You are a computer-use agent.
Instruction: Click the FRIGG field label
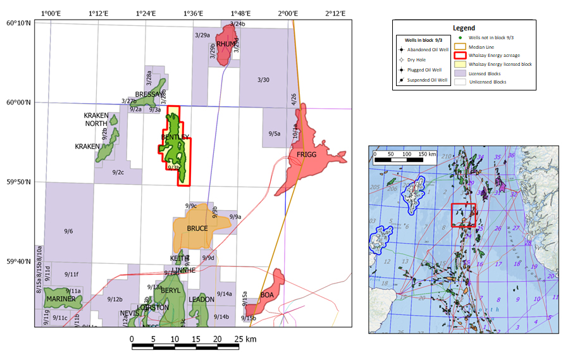point(307,155)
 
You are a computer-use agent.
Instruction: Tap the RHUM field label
point(225,44)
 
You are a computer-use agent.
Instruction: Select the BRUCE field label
point(197,228)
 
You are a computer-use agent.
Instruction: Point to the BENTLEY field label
point(175,137)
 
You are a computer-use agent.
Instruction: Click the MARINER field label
point(61,299)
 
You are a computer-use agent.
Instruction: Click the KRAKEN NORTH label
point(96,120)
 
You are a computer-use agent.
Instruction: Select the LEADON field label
point(202,299)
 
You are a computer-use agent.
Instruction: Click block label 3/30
point(264,80)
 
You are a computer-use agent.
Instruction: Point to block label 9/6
point(68,231)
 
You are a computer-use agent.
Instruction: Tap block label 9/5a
point(274,133)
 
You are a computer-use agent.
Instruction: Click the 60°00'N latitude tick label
point(18,102)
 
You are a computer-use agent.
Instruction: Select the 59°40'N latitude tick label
point(18,262)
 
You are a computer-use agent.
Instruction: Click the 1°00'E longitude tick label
point(51,13)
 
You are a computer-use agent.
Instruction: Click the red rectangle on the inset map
point(463,215)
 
